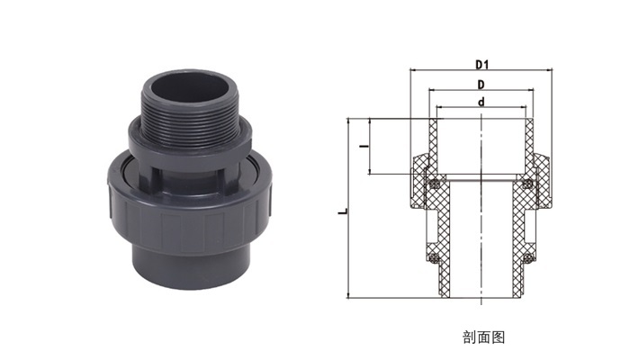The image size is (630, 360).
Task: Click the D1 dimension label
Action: [x=481, y=64]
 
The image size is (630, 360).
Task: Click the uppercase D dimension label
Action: [x=481, y=85]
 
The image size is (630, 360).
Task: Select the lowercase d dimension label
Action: [x=481, y=102]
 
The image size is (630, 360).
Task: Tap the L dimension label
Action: [x=343, y=211]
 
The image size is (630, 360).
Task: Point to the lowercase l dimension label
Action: [x=364, y=147]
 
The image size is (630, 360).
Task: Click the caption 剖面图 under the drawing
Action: [x=484, y=337]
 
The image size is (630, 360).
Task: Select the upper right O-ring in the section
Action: [x=528, y=184]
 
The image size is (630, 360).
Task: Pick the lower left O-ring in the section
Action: [x=433, y=257]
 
